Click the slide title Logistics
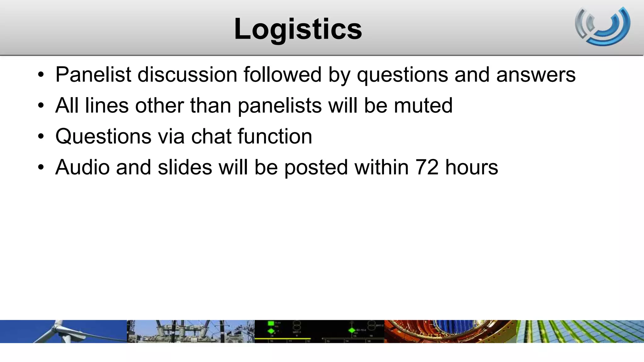(298, 29)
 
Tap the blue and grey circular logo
(602, 26)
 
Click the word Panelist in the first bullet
(93, 75)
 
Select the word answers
(536, 75)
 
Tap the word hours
(471, 167)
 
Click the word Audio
(82, 167)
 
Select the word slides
(185, 167)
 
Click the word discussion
(187, 75)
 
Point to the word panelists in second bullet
(280, 106)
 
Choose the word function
(275, 136)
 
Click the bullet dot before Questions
(41, 137)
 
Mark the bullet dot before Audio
(41, 167)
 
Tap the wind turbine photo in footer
(63, 331)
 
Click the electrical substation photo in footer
(191, 331)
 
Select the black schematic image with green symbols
(319, 331)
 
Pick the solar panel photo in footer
(580, 331)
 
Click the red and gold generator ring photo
(450, 331)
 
